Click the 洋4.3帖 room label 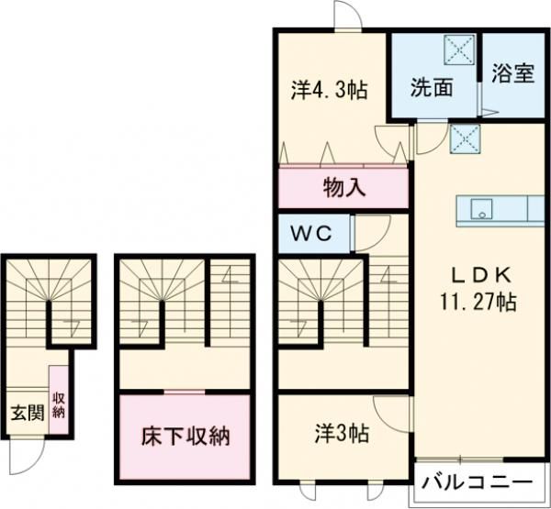coord(331,91)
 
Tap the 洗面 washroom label coord(431,90)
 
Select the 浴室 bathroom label coord(512,74)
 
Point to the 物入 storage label coord(344,190)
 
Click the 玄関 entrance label coord(25,412)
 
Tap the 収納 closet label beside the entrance coord(59,404)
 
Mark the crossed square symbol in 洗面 coord(456,49)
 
